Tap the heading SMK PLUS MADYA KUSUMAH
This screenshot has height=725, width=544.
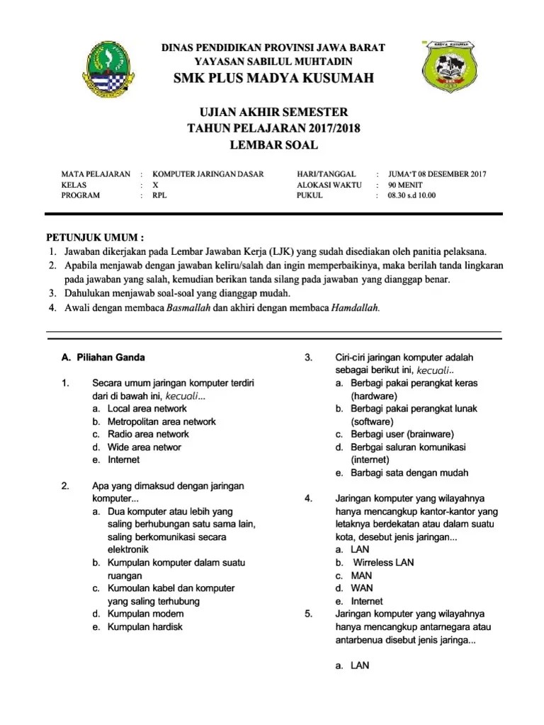click(273, 78)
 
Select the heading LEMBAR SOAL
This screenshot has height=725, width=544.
click(273, 145)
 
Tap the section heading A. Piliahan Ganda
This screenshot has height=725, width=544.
click(103, 358)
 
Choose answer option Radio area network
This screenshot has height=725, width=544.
click(148, 434)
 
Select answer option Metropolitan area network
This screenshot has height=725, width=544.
click(161, 421)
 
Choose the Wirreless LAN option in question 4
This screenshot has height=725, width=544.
click(383, 562)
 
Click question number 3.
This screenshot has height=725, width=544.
click(308, 358)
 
